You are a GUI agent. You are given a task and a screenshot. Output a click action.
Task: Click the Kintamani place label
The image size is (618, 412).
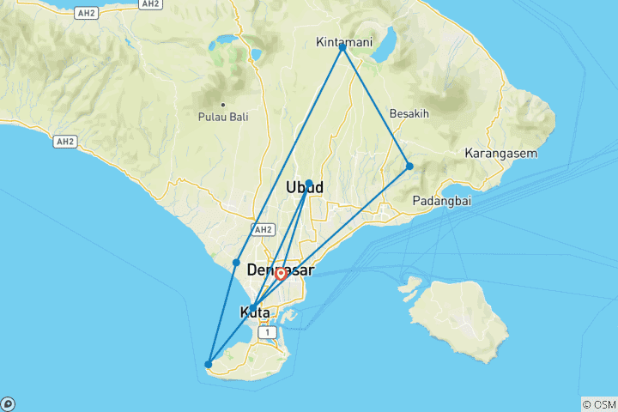(x=342, y=41)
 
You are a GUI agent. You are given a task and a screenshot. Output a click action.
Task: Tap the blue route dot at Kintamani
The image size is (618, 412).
(x=342, y=47)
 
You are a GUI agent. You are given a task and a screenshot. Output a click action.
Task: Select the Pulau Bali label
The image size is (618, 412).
(x=222, y=117)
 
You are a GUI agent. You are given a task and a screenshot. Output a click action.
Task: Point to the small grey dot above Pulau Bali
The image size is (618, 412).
(x=222, y=104)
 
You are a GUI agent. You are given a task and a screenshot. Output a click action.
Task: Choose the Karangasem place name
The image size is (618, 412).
(x=500, y=154)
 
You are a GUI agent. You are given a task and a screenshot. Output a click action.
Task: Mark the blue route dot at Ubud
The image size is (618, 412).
(x=309, y=183)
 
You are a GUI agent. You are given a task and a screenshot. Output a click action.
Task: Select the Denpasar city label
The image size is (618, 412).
(x=280, y=270)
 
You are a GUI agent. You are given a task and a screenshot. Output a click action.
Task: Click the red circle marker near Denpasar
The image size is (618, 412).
(x=281, y=275)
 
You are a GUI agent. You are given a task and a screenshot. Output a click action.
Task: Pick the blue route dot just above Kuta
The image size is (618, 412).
(x=252, y=306)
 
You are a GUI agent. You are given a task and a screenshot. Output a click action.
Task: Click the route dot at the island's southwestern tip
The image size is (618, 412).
(x=209, y=365)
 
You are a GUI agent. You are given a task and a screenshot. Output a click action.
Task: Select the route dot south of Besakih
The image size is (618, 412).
(x=409, y=166)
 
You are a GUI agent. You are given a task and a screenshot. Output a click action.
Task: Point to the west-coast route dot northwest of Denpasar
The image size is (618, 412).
(x=236, y=262)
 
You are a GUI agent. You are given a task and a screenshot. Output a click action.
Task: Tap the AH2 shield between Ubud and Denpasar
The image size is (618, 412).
(x=263, y=229)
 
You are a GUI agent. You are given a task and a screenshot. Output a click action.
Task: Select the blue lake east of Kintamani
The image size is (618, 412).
(x=385, y=39)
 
